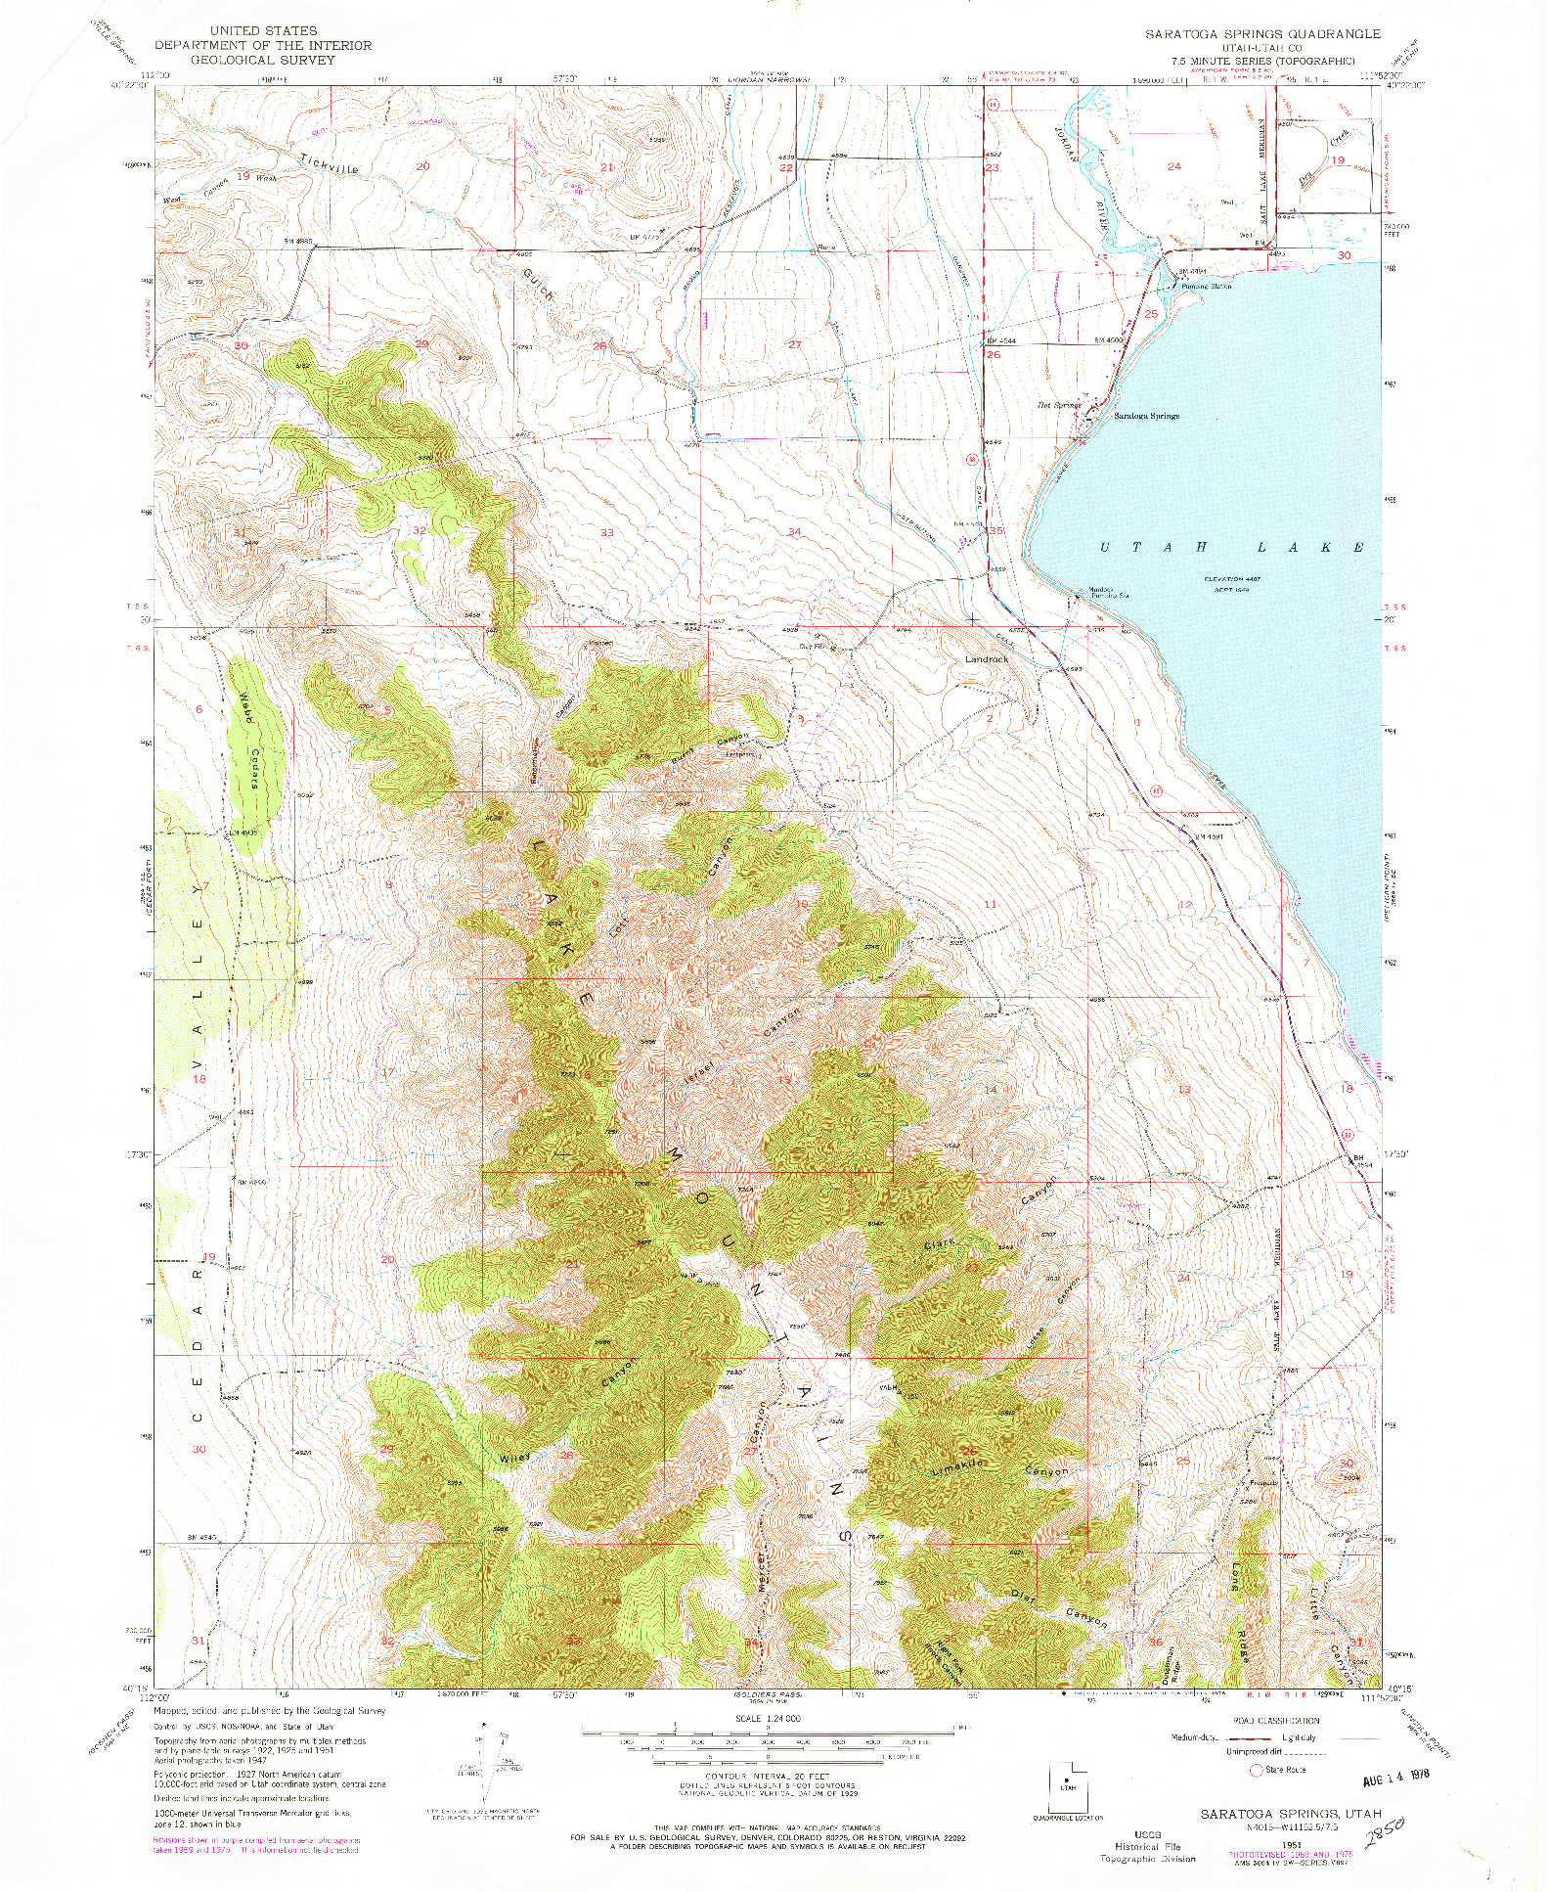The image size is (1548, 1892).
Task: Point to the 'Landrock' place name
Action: [x=986, y=659]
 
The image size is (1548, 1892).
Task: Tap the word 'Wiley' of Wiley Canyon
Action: [x=514, y=1458]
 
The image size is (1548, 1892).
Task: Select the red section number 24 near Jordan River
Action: [x=1174, y=166]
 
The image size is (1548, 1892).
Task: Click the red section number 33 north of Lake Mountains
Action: [x=606, y=532]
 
